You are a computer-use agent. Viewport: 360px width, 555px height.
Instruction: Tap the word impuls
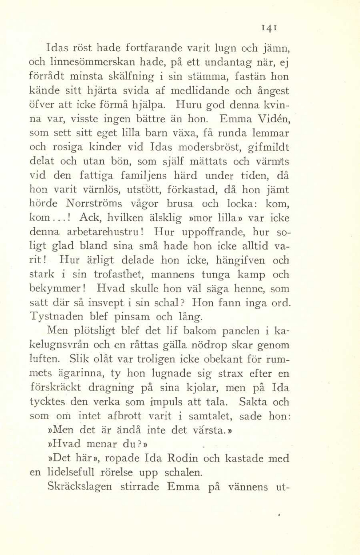164,402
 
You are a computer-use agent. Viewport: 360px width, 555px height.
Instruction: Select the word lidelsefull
71,472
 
